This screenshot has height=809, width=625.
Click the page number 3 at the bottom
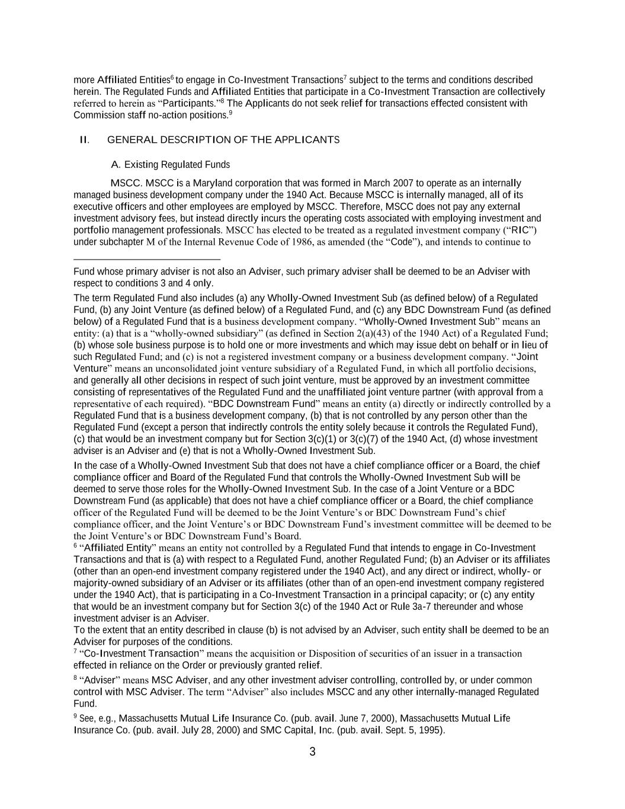coord(312,752)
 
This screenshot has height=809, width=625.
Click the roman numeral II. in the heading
coord(85,140)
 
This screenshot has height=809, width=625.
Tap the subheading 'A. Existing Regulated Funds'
coord(171,165)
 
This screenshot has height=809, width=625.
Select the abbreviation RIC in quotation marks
coord(520,230)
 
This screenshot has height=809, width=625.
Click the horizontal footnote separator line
coord(146,260)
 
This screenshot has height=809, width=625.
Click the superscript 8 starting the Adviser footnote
coord(75,678)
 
